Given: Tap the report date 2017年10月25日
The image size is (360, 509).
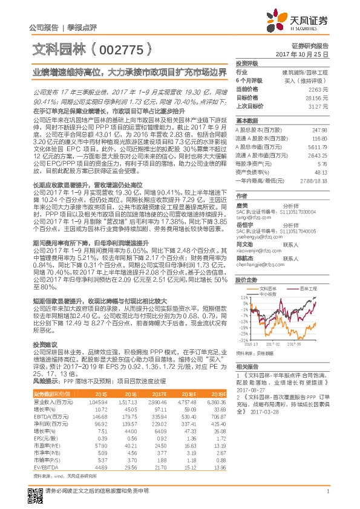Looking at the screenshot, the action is (x=306, y=54).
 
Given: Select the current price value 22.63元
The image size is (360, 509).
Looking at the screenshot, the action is (x=319, y=89).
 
